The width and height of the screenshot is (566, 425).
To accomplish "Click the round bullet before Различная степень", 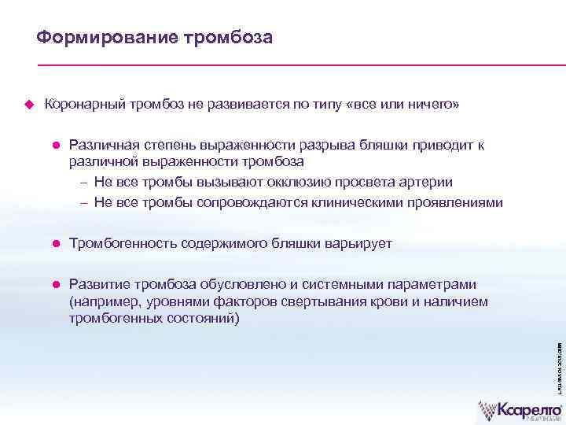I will click(57, 145).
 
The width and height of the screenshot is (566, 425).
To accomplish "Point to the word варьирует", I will click(358, 245).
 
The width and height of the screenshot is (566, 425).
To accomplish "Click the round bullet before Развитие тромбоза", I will click(57, 284).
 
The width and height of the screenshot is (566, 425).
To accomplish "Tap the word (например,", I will click(105, 301).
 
